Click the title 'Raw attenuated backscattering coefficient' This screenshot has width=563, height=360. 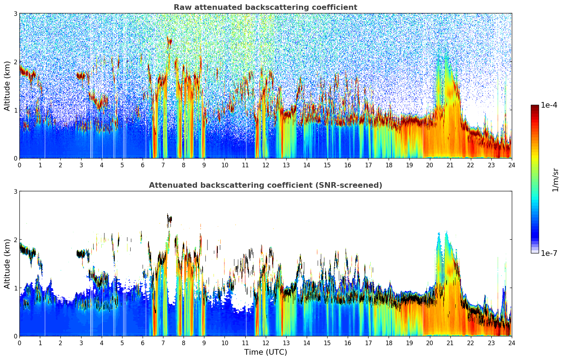pos(265,7)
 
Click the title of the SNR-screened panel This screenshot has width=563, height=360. pos(265,185)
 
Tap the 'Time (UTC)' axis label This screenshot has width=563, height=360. pos(265,352)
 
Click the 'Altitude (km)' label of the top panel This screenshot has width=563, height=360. pos(7,86)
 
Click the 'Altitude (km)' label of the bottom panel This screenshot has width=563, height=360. pos(7,264)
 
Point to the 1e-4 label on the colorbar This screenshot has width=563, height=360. pos(549,105)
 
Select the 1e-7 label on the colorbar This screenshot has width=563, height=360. pos(549,253)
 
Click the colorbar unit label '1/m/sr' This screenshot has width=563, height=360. pos(555,180)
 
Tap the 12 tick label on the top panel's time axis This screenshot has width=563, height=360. pos(265,165)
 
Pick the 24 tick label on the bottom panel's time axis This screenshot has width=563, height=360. pos(511,343)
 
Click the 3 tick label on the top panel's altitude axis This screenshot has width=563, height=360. pos(16,13)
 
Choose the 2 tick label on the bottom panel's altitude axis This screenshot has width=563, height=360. pos(16,240)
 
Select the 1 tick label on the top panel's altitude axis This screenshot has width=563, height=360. pos(16,110)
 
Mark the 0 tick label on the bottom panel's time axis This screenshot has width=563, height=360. pos(19,343)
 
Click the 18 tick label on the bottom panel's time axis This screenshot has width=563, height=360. pos(389,343)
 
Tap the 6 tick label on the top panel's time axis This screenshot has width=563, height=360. pos(143,165)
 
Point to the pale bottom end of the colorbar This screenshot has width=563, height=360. pos(535,251)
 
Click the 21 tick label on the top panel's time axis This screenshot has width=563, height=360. pos(450,165)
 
